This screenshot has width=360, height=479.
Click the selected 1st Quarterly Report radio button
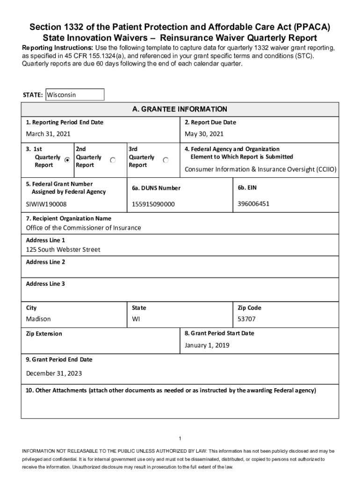click(x=67, y=160)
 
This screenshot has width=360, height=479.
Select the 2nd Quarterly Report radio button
click(x=113, y=160)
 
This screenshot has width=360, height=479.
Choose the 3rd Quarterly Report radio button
click(x=166, y=160)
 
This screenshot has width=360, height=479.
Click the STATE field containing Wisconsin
click(x=74, y=95)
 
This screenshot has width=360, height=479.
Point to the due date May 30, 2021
click(x=204, y=134)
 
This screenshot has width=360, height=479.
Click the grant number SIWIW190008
click(x=46, y=204)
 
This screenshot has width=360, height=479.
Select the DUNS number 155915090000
click(x=153, y=204)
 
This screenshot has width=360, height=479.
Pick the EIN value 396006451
click(x=253, y=204)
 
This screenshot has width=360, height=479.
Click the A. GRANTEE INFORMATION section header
click(x=180, y=109)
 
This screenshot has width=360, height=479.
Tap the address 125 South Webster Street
click(x=63, y=250)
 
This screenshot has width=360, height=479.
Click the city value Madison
click(x=38, y=319)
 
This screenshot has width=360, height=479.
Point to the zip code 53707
click(x=247, y=319)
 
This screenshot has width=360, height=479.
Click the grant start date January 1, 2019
click(x=207, y=345)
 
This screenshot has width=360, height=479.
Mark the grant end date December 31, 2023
click(x=54, y=373)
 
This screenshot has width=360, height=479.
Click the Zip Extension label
click(x=44, y=334)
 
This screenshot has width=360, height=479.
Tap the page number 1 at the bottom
click(x=180, y=438)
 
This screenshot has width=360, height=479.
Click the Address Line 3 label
click(x=45, y=284)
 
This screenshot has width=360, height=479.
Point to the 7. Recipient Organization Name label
click(x=69, y=218)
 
